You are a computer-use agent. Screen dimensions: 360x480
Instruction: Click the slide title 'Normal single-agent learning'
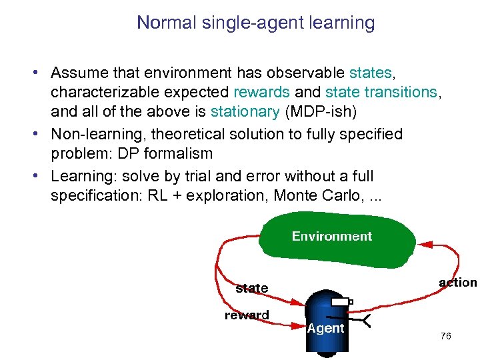coord(255,23)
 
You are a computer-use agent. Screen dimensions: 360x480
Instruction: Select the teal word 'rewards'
coord(261,91)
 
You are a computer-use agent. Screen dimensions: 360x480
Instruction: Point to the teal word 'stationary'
coord(245,111)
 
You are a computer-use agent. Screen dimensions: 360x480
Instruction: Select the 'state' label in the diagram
coord(251,288)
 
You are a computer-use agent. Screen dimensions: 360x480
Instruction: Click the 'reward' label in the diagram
coord(247,315)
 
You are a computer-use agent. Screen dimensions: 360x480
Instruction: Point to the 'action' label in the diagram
coord(457,283)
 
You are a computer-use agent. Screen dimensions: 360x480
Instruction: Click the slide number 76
coord(445,336)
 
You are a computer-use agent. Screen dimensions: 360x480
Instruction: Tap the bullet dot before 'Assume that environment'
coord(41,72)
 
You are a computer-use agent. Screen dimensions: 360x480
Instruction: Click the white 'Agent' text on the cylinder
coord(325,328)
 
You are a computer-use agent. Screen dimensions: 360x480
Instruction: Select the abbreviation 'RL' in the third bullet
coord(160,196)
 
